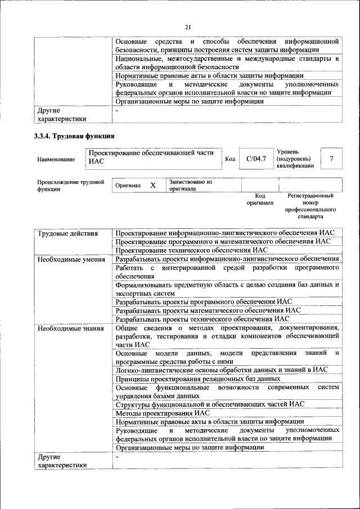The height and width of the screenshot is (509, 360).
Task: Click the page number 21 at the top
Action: [x=188, y=27]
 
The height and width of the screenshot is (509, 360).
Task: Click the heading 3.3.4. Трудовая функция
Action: [x=74, y=137]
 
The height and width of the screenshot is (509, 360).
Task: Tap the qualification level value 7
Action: [x=332, y=159]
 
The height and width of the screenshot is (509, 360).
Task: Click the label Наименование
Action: [x=56, y=160]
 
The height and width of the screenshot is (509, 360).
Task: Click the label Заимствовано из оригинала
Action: [x=190, y=186]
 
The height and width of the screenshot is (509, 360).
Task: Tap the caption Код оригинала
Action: [x=259, y=199]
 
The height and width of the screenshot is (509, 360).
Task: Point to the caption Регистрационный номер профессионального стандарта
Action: [x=310, y=206]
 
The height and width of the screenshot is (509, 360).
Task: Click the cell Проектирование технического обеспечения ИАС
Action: [x=191, y=250]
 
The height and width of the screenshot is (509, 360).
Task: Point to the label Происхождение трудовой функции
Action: [x=71, y=186]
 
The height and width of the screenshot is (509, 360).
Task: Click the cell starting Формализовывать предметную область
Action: [x=227, y=289]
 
